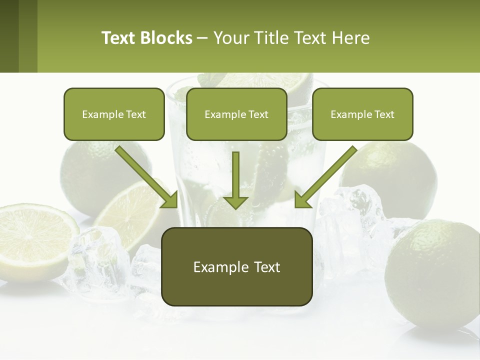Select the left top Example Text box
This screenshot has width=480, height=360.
(114, 114)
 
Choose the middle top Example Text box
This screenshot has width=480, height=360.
(236, 114)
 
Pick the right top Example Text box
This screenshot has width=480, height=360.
(362, 114)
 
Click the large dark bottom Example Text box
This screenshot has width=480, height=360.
(237, 267)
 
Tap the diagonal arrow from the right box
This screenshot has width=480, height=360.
(326, 176)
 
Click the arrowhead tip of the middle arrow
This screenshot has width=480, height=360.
(235, 207)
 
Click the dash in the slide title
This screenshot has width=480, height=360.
(202, 38)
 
